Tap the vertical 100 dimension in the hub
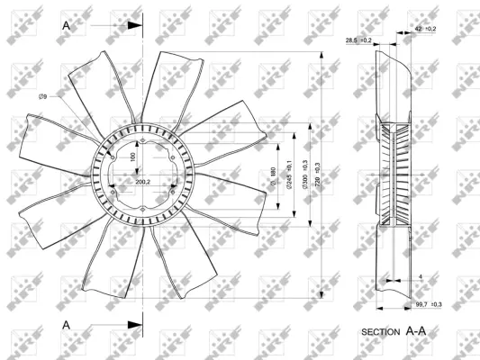pos(132,157)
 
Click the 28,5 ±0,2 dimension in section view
pos(358,40)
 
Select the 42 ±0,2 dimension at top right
pos(425,30)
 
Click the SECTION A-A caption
pos(393,331)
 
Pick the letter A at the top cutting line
pos(66,26)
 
